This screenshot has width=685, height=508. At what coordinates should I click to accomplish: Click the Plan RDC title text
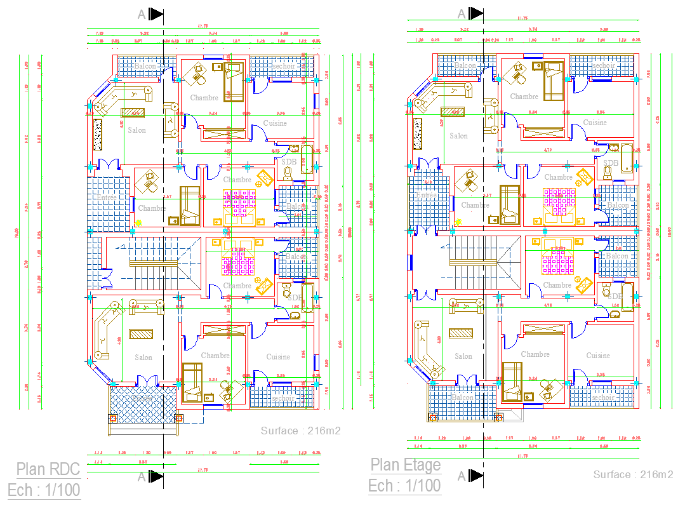coord(48,469)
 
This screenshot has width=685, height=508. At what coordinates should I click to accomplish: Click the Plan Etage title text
coord(405,465)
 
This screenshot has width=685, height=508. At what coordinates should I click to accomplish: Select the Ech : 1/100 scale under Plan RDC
coord(44,490)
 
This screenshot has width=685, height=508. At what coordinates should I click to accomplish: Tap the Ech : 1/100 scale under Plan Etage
coord(404,486)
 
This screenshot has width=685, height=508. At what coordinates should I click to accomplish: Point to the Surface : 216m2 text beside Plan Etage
coord(633,474)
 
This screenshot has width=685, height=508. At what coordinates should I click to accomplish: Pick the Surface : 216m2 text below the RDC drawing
coord(300,431)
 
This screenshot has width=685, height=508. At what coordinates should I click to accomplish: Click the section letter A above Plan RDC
coord(142,14)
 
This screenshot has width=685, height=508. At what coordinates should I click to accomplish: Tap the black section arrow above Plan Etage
coord(476,14)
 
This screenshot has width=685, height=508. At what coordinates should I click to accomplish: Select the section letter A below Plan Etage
coord(461,476)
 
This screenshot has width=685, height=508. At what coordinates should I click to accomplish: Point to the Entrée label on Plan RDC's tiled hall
coord(107,197)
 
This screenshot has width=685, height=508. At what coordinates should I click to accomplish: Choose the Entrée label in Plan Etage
coord(427,195)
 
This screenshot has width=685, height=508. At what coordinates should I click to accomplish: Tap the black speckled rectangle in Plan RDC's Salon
coord(97,134)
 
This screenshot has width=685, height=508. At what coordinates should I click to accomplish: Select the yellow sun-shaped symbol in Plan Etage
coord(457,222)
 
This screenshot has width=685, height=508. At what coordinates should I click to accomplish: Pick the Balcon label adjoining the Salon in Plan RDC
coord(144,65)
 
